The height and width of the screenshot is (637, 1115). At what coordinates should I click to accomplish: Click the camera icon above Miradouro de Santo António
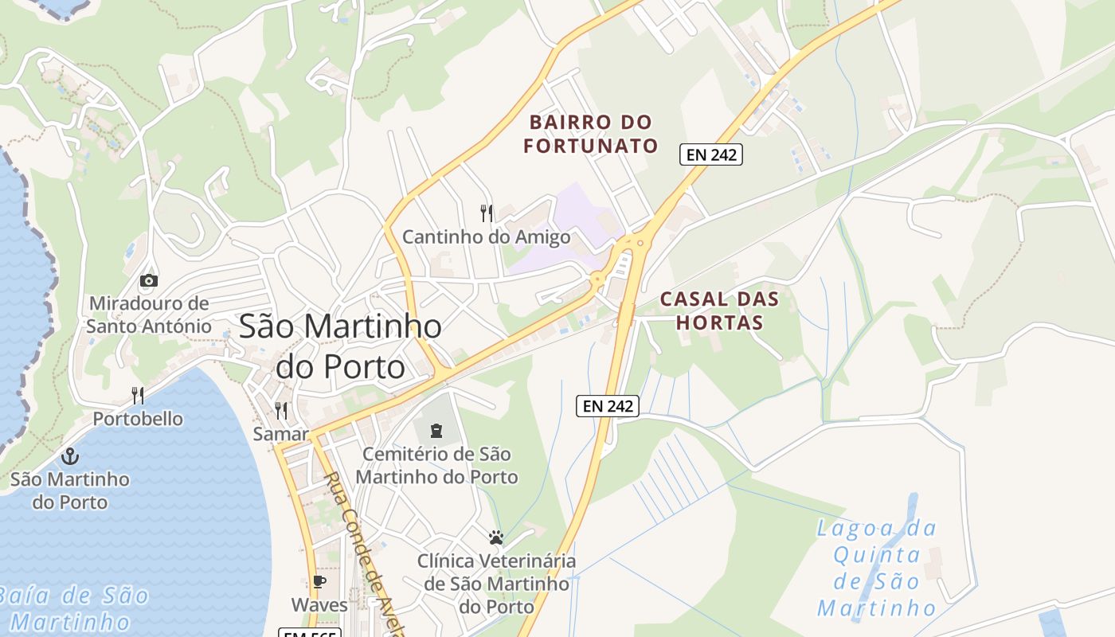pyautogui.click(x=148, y=280)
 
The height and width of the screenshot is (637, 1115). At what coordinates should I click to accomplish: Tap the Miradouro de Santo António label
pyautogui.click(x=149, y=315)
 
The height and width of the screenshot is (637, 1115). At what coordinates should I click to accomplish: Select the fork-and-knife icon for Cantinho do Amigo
pyautogui.click(x=487, y=213)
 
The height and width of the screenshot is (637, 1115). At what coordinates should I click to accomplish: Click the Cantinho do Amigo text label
pyautogui.click(x=486, y=237)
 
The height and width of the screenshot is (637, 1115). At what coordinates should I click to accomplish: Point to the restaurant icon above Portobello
pyautogui.click(x=138, y=395)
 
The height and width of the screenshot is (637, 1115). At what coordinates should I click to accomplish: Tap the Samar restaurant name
pyautogui.click(x=280, y=434)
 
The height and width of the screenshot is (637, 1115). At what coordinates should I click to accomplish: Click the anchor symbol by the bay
pyautogui.click(x=71, y=456)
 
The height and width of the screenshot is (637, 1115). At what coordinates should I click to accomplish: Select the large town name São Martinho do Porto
pyautogui.click(x=340, y=346)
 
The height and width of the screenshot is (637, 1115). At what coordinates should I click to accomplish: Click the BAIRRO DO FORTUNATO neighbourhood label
pyautogui.click(x=591, y=134)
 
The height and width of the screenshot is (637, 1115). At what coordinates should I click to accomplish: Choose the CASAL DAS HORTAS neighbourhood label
pyautogui.click(x=711, y=311)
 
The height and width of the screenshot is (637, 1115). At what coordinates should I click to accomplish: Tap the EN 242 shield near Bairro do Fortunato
pyautogui.click(x=710, y=154)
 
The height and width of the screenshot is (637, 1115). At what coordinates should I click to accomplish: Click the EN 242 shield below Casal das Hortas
pyautogui.click(x=608, y=406)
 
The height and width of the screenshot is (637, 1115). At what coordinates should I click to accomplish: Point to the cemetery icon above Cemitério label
pyautogui.click(x=436, y=431)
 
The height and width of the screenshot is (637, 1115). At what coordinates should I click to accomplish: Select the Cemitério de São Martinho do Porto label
pyautogui.click(x=436, y=466)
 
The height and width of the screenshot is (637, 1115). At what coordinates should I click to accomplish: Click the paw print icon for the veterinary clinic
pyautogui.click(x=496, y=537)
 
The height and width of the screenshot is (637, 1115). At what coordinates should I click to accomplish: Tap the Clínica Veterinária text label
pyautogui.click(x=496, y=584)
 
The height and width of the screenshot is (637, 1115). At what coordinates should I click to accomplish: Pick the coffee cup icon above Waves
pyautogui.click(x=319, y=582)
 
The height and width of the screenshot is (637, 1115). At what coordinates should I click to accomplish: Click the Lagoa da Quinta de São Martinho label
pyautogui.click(x=877, y=568)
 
